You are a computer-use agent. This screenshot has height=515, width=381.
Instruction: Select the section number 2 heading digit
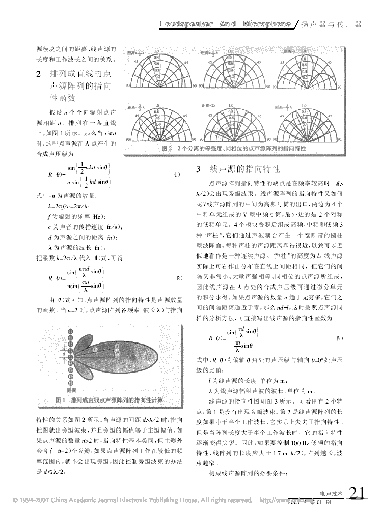[39, 74]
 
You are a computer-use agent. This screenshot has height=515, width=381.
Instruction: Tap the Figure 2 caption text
[233, 148]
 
